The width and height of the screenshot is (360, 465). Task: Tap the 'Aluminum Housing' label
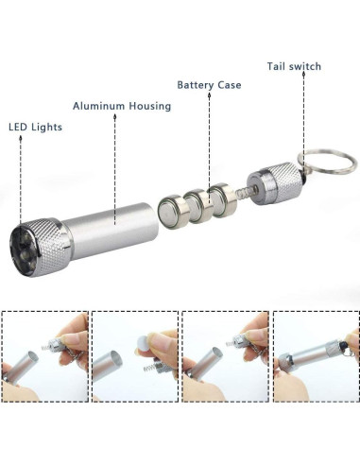pyautogui.click(x=122, y=106)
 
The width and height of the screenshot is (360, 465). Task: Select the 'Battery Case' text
pyautogui.click(x=209, y=85)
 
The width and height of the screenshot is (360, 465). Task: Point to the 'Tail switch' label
pyautogui.click(x=293, y=66)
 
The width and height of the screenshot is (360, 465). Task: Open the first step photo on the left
pyautogui.click(x=44, y=358)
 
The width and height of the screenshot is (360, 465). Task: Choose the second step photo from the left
pyautogui.click(x=135, y=358)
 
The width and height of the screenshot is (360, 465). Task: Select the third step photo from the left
pyautogui.click(x=225, y=358)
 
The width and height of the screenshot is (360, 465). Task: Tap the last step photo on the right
pyautogui.click(x=315, y=358)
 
